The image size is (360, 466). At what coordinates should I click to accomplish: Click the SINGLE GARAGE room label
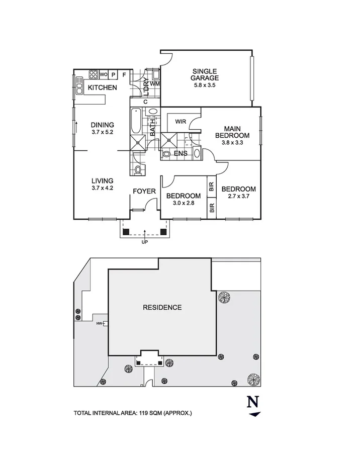[205, 74]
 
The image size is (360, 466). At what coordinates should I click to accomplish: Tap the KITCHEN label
[102, 87]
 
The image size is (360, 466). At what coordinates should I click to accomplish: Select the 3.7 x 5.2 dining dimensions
[102, 132]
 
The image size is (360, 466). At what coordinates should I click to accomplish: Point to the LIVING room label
[102, 180]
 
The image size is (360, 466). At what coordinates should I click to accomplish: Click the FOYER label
[144, 191]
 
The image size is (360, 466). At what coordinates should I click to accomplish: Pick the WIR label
[181, 122]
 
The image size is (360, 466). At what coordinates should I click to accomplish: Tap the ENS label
[181, 153]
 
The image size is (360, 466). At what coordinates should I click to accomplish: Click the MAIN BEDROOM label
[232, 132]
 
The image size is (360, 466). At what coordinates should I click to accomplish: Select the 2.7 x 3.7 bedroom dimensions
[238, 196]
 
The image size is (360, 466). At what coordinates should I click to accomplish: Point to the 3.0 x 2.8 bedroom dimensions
[184, 203]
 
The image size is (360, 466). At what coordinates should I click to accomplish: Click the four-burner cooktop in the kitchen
[94, 74]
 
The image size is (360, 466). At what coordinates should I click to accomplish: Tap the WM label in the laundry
[154, 84]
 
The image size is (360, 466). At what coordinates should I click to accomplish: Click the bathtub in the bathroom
[136, 121]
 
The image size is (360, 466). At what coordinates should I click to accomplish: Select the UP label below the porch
[145, 242]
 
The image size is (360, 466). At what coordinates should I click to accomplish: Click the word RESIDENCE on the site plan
[162, 307]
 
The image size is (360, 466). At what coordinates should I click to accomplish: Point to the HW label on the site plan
[99, 324]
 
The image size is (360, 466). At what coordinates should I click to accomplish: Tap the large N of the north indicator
[253, 402]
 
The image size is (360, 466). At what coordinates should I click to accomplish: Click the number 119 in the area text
[144, 413]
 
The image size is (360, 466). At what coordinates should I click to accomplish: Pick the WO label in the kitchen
[104, 74]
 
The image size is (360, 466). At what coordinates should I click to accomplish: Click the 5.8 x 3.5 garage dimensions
[205, 85]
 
